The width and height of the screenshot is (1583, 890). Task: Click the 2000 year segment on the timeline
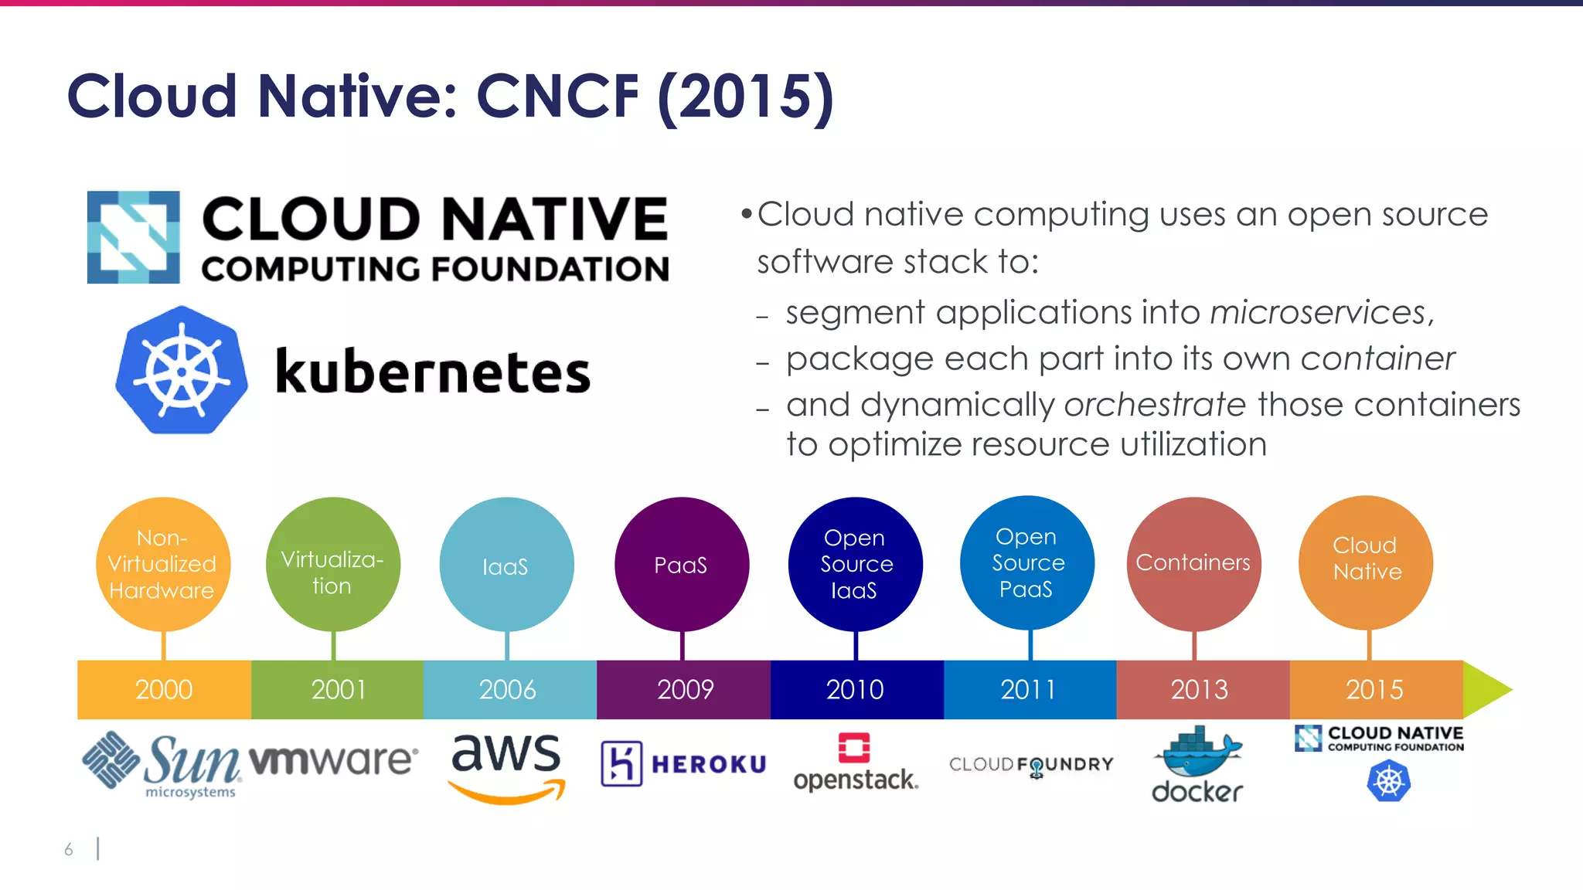coord(164,689)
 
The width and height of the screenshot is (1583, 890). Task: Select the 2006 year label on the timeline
coord(508,689)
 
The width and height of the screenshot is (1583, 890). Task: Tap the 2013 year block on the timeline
coord(1200,689)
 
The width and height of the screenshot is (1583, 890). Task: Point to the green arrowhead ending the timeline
coord(1486,689)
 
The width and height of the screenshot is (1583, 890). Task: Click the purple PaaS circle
coord(681,564)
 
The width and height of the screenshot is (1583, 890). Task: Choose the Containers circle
coord(1193,563)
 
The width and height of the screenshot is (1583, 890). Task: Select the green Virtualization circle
coord(332,564)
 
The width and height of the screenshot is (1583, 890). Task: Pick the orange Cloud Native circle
coord(1366,562)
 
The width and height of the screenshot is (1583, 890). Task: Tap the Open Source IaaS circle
coord(855,564)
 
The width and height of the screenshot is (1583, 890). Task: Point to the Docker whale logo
coord(1197,763)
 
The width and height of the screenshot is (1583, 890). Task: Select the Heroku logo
coord(683,764)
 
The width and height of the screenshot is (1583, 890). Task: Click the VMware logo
coord(333,760)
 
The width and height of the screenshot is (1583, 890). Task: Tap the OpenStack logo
coord(856,763)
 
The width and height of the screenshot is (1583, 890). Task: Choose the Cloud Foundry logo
coord(1031,765)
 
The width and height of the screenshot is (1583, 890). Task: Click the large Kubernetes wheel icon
coord(182,370)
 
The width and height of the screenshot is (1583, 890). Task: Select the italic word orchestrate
coord(1155,405)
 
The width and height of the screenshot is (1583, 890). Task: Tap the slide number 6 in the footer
coord(69,850)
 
